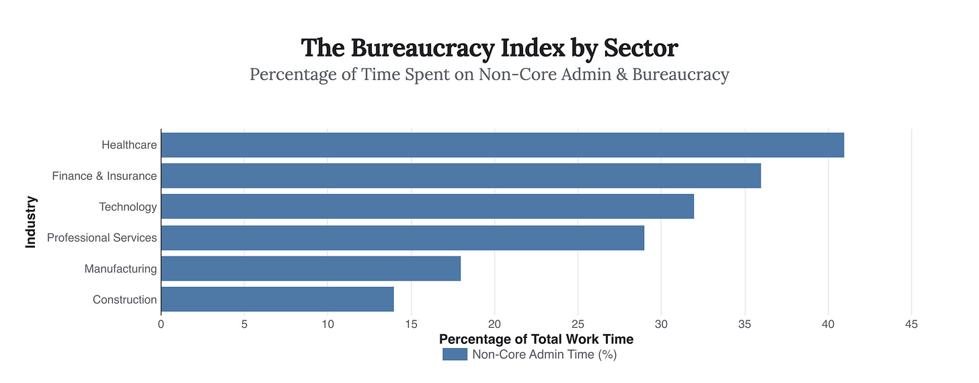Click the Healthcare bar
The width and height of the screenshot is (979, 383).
point(502,145)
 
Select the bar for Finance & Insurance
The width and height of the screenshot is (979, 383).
point(461,176)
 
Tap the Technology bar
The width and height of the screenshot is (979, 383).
point(427,207)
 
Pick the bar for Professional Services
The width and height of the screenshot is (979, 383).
point(402,238)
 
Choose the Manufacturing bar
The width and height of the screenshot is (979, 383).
point(311,269)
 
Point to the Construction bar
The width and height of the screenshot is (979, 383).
point(277,300)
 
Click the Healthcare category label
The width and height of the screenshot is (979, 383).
point(129,145)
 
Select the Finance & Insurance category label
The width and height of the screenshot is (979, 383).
point(104,176)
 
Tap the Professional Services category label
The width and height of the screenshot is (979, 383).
point(102,238)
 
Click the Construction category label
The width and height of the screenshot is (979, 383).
point(124,300)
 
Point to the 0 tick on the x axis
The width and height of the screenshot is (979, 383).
point(161,324)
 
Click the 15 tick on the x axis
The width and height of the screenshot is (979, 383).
point(411,324)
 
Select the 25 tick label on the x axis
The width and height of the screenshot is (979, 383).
point(578,324)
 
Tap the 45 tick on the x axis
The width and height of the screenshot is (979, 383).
point(911,324)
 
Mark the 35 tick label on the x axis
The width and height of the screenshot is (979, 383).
point(744,324)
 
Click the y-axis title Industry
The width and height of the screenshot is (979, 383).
point(31,222)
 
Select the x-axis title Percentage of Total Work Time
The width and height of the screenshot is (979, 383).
point(536,339)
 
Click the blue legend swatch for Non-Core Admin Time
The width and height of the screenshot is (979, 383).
point(455,354)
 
